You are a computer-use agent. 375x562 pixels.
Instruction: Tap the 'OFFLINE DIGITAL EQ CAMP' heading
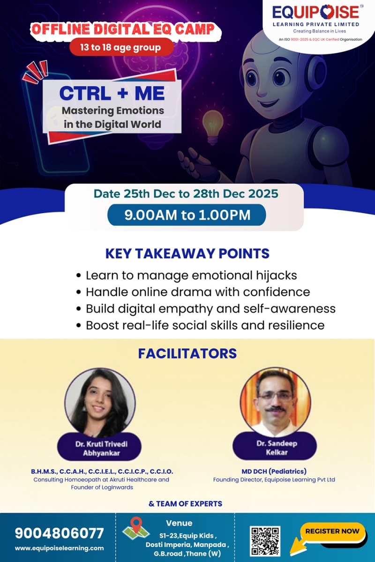123,30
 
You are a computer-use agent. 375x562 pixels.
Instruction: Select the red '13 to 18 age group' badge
121,47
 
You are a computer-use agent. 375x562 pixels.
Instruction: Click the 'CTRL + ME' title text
112,93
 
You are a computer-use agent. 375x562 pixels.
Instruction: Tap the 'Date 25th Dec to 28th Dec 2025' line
186,193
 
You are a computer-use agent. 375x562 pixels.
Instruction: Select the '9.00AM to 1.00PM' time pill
187,215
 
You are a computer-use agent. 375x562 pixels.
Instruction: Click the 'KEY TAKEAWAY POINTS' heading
187,253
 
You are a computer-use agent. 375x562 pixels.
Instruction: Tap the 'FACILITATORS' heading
187,353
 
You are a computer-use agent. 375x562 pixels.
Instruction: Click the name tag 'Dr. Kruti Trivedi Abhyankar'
101,448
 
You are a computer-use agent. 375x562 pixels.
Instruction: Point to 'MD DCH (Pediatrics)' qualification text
274,471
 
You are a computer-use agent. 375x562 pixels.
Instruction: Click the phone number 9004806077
59,533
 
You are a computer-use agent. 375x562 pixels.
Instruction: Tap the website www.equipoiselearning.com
59,548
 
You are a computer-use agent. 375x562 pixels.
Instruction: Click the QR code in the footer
265,541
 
